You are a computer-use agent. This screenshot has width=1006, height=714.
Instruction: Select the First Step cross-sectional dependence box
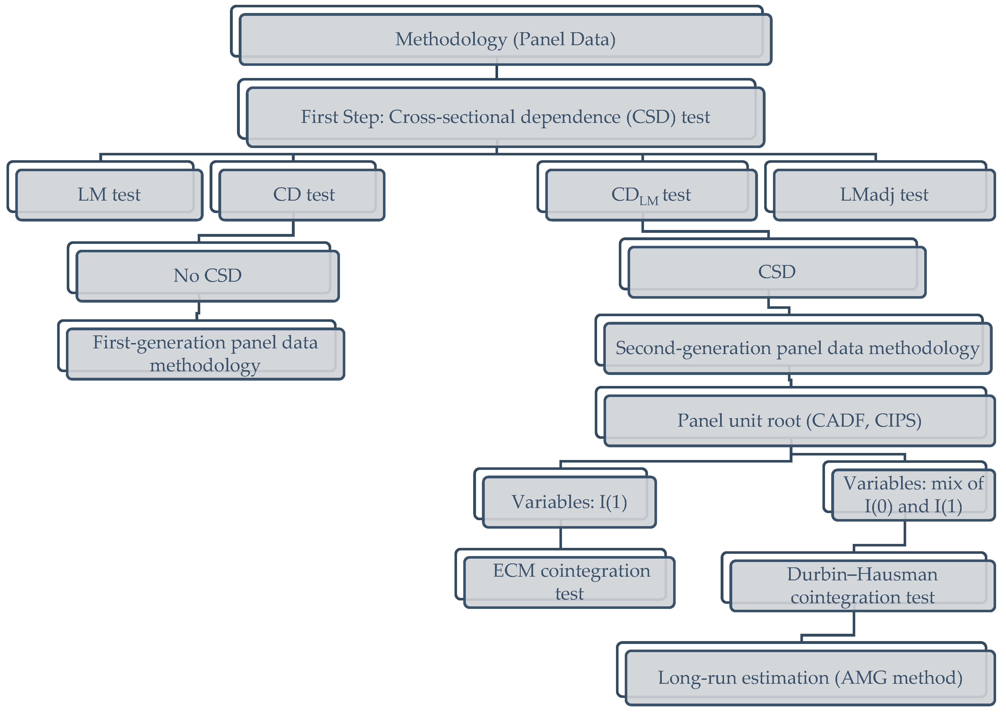click(x=505, y=117)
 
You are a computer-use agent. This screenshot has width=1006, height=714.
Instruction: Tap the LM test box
click(x=109, y=195)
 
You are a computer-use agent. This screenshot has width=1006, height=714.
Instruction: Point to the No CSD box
click(x=207, y=276)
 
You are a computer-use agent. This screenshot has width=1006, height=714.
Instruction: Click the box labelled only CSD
click(x=776, y=272)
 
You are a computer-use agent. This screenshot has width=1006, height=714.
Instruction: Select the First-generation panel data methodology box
click(x=205, y=354)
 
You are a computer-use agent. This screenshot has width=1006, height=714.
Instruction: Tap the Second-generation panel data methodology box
click(x=797, y=348)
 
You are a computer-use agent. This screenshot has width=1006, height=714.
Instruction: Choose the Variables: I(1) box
click(x=569, y=502)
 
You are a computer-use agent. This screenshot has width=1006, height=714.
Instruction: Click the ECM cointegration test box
click(x=570, y=582)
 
